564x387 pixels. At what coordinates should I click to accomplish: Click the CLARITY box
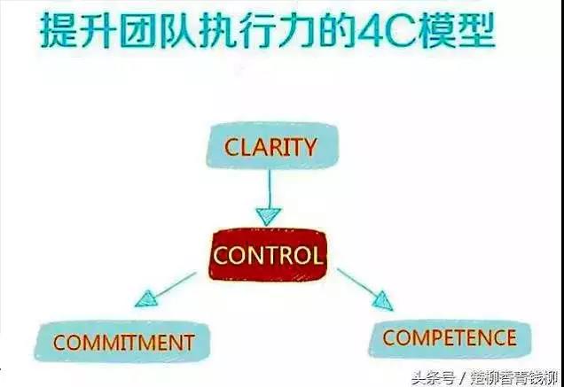pyautogui.click(x=272, y=145)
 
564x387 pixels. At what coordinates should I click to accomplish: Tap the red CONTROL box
pyautogui.click(x=269, y=255)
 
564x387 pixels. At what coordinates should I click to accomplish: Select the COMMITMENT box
pyautogui.click(x=122, y=341)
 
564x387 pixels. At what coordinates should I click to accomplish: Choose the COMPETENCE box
pyautogui.click(x=450, y=338)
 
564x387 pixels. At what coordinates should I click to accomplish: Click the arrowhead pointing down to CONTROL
pyautogui.click(x=269, y=216)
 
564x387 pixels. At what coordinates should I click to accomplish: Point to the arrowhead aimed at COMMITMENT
pyautogui.click(x=146, y=299)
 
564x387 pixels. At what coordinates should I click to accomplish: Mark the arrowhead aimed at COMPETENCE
pyautogui.click(x=383, y=301)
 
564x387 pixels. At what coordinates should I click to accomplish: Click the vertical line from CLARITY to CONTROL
pyautogui.click(x=269, y=188)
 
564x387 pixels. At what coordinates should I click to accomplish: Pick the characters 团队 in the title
pyautogui.click(x=158, y=30)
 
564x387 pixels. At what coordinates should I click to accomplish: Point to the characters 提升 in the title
pyautogui.click(x=78, y=30)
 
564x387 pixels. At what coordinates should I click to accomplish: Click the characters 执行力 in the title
pyautogui.click(x=258, y=30)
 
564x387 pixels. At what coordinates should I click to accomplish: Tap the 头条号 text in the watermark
pyautogui.click(x=433, y=378)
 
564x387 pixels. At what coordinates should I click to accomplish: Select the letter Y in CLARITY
pyautogui.click(x=309, y=147)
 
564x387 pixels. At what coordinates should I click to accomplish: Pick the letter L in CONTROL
pyautogui.click(x=315, y=255)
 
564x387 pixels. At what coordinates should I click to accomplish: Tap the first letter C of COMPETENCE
pyautogui.click(x=390, y=337)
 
